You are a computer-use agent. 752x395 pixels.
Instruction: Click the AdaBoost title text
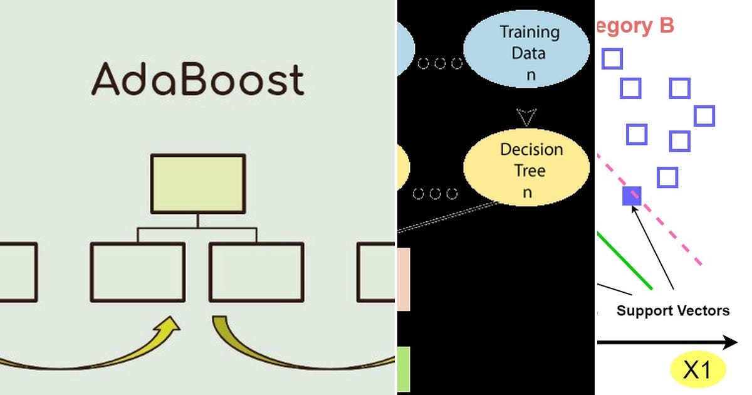198,80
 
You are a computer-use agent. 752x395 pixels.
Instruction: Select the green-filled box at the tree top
197,184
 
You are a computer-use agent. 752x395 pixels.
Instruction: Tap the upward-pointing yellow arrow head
169,324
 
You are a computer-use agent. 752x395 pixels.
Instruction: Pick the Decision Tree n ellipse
526,170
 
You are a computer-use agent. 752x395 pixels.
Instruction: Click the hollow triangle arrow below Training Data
527,117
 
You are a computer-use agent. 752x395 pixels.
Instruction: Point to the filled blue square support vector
632,196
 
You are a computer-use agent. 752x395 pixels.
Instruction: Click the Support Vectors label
673,310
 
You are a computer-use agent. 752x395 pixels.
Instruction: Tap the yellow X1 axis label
697,371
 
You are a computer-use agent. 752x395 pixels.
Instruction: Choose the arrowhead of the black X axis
729,342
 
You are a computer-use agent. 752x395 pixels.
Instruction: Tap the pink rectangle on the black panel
404,279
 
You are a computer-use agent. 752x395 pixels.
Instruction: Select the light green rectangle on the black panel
404,370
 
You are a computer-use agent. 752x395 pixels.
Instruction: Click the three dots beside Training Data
440,63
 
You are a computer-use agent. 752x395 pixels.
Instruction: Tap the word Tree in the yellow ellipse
530,171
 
